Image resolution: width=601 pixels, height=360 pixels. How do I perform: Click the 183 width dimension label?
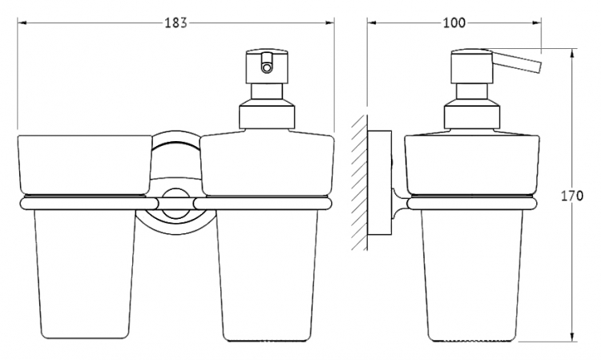coord(176,23)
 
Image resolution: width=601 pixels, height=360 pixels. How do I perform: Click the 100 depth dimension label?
coord(454,23)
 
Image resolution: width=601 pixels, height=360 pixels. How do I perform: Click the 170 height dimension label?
coord(572,196)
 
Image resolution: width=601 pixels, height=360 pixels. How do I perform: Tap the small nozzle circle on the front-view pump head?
coord(265,68)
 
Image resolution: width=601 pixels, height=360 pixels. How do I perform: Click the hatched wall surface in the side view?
coord(360,183)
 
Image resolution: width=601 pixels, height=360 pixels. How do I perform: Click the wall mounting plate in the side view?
coord(380,183)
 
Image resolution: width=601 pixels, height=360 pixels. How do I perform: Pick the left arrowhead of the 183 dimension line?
coord(22,23)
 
